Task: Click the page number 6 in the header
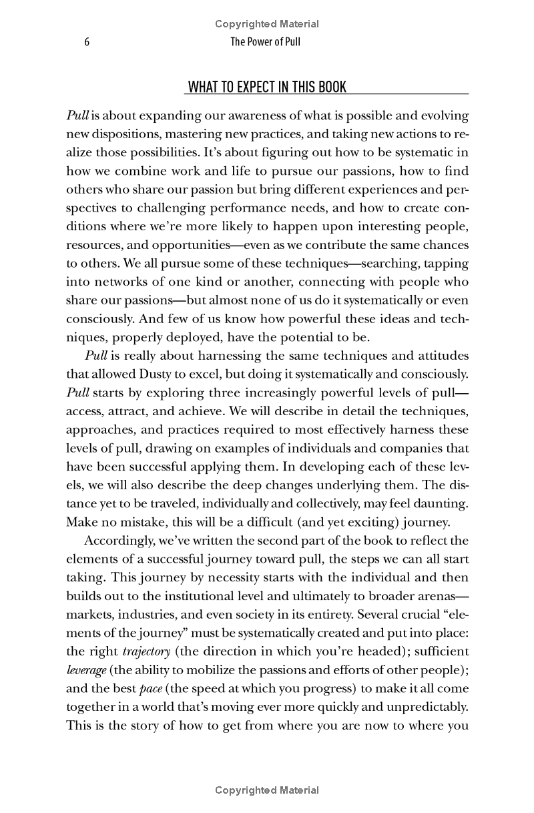[87, 42]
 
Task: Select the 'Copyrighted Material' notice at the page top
[267, 24]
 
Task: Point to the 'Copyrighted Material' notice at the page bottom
[267, 790]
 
